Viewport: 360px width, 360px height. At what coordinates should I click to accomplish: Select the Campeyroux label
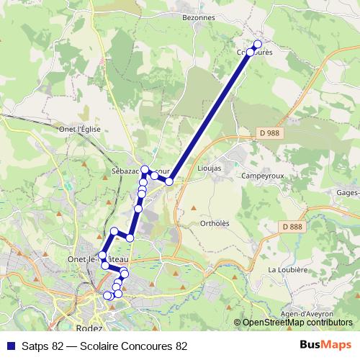click(265, 176)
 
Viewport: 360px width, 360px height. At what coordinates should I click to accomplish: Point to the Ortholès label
click(215, 223)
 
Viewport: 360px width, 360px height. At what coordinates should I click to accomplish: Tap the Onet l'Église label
click(81, 129)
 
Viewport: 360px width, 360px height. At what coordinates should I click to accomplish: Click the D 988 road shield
click(268, 132)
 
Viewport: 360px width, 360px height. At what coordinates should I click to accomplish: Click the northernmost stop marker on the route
click(258, 45)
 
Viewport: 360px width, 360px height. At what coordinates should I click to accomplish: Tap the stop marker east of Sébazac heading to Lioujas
click(169, 181)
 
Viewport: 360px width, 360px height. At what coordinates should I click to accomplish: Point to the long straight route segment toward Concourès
click(209, 115)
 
